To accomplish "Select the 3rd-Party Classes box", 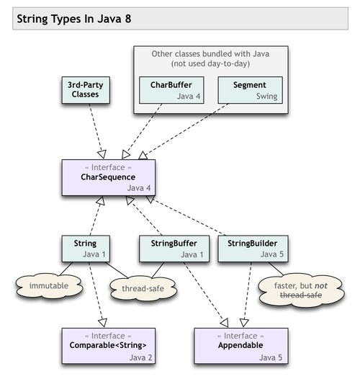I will pyautogui.click(x=85, y=89).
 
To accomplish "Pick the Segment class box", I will pyautogui.click(x=249, y=90).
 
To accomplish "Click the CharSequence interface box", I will pyautogui.click(x=108, y=177).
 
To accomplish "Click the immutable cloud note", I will pyautogui.click(x=48, y=286).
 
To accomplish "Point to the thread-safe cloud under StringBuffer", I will pyautogui.click(x=143, y=288).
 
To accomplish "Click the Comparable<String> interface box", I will pyautogui.click(x=108, y=346).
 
